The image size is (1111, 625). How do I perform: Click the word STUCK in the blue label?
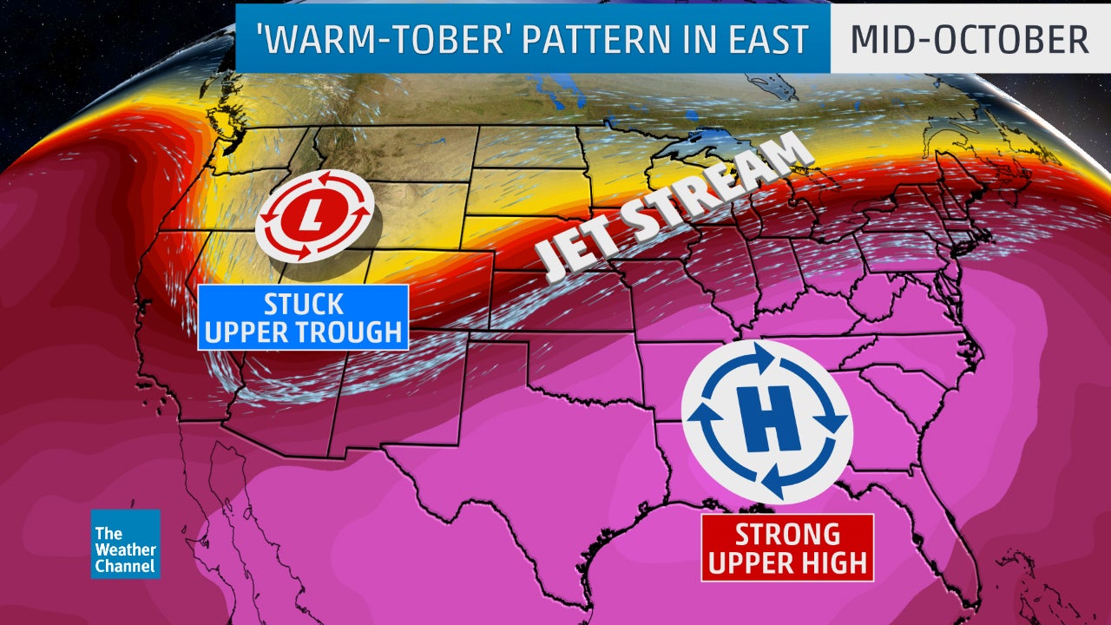pyautogui.click(x=303, y=306)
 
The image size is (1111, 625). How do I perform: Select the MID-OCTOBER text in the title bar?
pyautogui.click(x=969, y=40)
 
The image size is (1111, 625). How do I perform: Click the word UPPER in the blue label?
pyautogui.click(x=249, y=332)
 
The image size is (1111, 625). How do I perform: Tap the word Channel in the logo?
pyautogui.click(x=125, y=566)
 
